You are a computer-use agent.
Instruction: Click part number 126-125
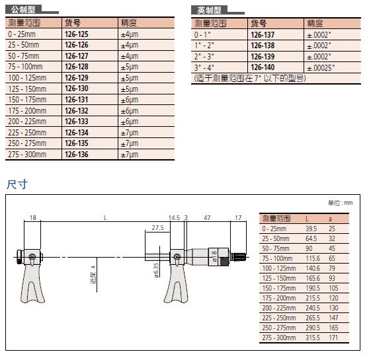click(x=77, y=34)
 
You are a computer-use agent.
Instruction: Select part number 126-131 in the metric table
click(x=77, y=100)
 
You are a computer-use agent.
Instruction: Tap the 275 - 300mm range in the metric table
click(x=27, y=155)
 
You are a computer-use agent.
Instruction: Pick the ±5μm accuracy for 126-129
click(x=130, y=78)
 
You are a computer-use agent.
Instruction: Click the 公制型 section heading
click(x=23, y=9)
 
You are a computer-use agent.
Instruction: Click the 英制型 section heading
click(x=209, y=10)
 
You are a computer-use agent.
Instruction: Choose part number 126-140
click(x=263, y=67)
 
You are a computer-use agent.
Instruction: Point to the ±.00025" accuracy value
click(x=321, y=68)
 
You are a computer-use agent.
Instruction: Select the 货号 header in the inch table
click(x=259, y=23)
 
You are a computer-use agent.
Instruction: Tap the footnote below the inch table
click(x=250, y=78)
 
